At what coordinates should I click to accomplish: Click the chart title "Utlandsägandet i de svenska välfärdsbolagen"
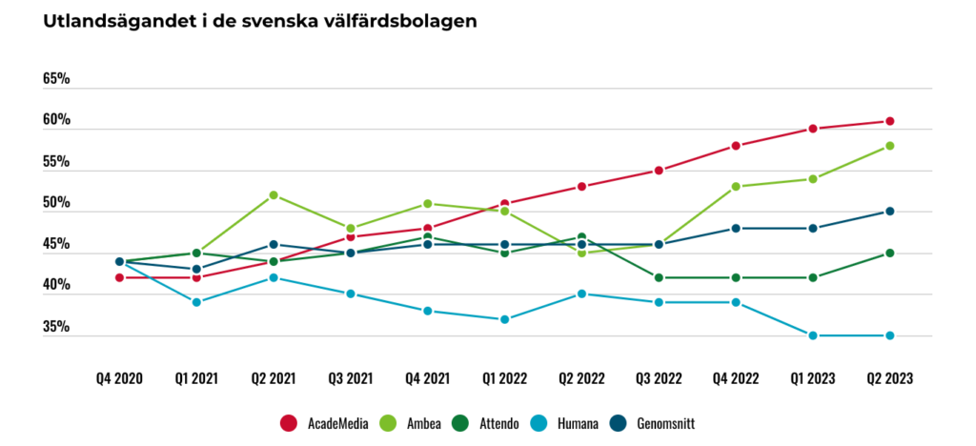point(259,21)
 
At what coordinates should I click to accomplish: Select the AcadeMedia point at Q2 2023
point(890,121)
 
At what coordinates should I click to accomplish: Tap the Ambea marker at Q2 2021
point(274,195)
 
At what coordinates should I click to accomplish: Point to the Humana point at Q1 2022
point(505,319)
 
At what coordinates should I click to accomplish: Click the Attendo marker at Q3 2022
point(659,277)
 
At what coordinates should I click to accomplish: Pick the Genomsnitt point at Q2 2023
point(890,212)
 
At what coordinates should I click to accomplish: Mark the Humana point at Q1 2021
point(196,302)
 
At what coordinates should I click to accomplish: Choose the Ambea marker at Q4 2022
point(736,187)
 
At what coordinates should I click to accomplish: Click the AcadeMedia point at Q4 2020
point(119,277)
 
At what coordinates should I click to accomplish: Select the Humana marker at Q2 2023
point(890,335)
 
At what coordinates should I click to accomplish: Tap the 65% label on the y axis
point(56,80)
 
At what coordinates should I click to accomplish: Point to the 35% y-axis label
point(56,327)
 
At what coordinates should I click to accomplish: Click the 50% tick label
point(56,203)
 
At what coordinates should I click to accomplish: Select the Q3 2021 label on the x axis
point(351,379)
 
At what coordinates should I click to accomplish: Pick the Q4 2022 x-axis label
point(736,379)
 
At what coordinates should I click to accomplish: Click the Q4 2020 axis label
point(119,379)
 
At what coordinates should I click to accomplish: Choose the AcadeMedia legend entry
point(324,424)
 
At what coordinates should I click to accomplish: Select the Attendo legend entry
point(487,424)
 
